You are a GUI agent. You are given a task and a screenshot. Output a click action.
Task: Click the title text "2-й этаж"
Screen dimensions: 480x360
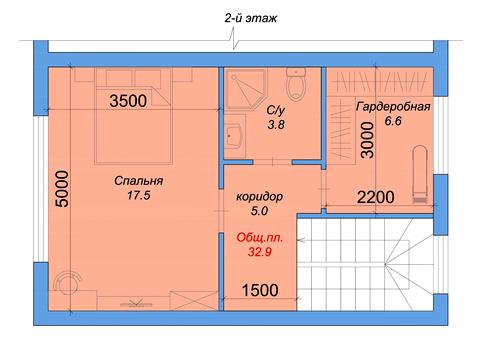pyautogui.click(x=251, y=18)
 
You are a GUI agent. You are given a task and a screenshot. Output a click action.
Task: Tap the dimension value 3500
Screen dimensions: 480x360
pyautogui.click(x=128, y=101)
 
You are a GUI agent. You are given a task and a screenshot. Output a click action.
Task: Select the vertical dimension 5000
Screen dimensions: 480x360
pyautogui.click(x=62, y=189)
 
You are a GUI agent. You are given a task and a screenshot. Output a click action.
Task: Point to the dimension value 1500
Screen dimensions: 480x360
pyautogui.click(x=260, y=290)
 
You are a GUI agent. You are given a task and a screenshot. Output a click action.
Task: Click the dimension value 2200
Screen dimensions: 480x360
pyautogui.click(x=376, y=197)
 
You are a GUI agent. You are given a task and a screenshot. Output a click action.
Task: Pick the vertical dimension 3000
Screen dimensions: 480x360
pyautogui.click(x=368, y=140)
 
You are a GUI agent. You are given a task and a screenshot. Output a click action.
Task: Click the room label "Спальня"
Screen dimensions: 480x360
pyautogui.click(x=139, y=181)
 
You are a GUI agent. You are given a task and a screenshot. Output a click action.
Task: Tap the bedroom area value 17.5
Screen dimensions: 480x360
pyautogui.click(x=139, y=195)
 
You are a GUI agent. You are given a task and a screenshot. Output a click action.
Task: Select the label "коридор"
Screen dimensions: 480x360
pyautogui.click(x=259, y=197)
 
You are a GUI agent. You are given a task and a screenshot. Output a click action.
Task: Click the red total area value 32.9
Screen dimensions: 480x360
pyautogui.click(x=260, y=252)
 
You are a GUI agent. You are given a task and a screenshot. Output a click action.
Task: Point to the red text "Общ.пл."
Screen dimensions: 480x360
pyautogui.click(x=260, y=238)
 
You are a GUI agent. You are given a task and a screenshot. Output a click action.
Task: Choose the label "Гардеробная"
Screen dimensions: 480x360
pyautogui.click(x=393, y=107)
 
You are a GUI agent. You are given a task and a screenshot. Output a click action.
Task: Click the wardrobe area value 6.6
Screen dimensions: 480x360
pyautogui.click(x=393, y=121)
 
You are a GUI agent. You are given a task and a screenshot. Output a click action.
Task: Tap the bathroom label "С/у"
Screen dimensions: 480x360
pyautogui.click(x=276, y=110)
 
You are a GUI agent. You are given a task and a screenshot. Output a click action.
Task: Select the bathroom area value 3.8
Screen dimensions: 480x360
pyautogui.click(x=276, y=125)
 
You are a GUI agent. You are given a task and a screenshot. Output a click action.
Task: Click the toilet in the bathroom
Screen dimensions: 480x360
pyautogui.click(x=296, y=84)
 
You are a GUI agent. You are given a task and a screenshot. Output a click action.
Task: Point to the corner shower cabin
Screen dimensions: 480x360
pyautogui.click(x=246, y=89)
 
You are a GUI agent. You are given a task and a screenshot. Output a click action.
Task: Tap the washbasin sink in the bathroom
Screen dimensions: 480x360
pyautogui.click(x=234, y=136)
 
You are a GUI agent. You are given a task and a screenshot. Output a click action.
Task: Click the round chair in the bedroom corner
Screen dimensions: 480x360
pyautogui.click(x=68, y=283)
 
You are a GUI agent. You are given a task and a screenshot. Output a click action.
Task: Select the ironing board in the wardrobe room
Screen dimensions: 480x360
pyautogui.click(x=420, y=174)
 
